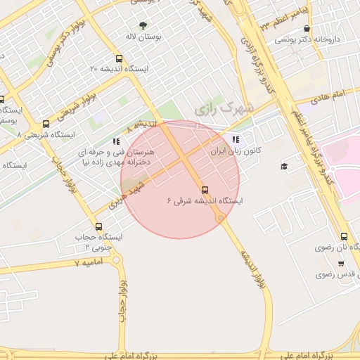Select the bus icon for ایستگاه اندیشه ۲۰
[x=118, y=59]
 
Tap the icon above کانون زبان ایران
[x=235, y=139]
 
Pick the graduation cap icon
[x=284, y=166]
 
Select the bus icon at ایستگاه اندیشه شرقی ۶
[x=205, y=189]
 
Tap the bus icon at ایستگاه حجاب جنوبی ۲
[x=98, y=226]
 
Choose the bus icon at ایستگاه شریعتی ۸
[x=46, y=124]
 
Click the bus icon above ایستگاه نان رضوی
[x=344, y=236]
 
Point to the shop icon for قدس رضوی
[x=341, y=264]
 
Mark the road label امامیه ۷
[x=89, y=262]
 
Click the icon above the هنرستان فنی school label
[x=115, y=141]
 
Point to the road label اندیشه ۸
[x=141, y=126]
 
